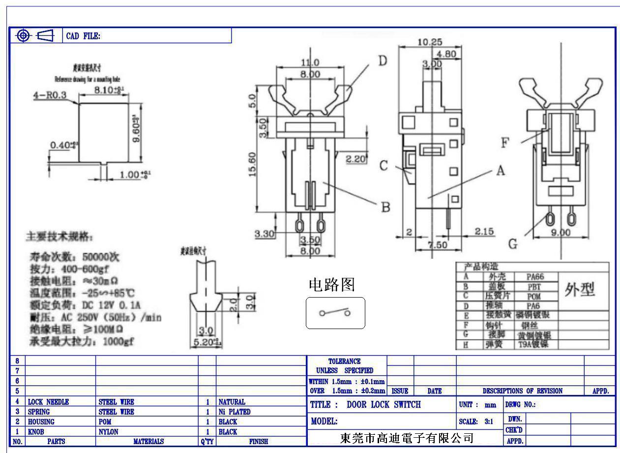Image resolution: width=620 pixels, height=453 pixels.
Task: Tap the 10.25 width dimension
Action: coord(427,42)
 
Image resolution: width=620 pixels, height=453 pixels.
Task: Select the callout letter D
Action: coord(382,61)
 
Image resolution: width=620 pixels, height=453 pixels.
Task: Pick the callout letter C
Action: coord(384,166)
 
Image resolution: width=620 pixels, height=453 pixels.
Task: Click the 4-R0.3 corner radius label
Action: coord(50,95)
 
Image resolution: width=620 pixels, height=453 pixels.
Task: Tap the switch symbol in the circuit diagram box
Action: coord(335,313)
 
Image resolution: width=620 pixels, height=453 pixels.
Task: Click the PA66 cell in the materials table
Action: coord(535,277)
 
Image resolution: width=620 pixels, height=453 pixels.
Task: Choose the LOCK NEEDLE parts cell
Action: coord(48,402)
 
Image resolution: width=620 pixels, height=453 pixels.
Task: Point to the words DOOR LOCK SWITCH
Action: coord(384,404)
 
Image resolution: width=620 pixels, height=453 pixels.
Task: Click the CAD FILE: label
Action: coord(83,36)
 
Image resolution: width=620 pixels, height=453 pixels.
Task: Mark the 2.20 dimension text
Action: coord(355,159)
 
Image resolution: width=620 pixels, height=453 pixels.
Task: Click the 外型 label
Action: coord(580,290)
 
